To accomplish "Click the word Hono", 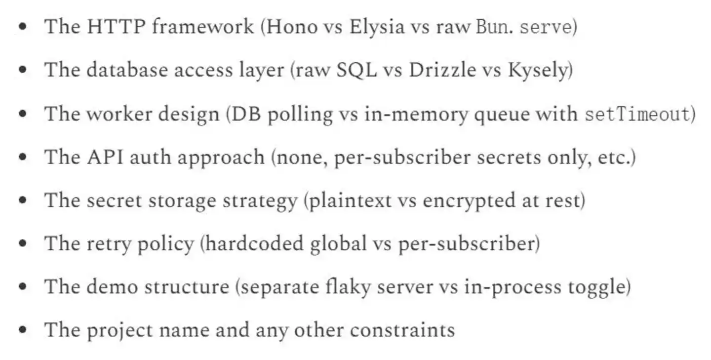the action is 292,27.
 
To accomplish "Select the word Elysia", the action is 377,27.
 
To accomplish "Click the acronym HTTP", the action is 116,26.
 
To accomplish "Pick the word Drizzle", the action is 442,70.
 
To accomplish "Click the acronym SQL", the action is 356,71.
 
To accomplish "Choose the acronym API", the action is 105,157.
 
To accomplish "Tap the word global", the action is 338,244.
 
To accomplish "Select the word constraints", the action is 402,331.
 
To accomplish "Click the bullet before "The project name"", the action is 23,330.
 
